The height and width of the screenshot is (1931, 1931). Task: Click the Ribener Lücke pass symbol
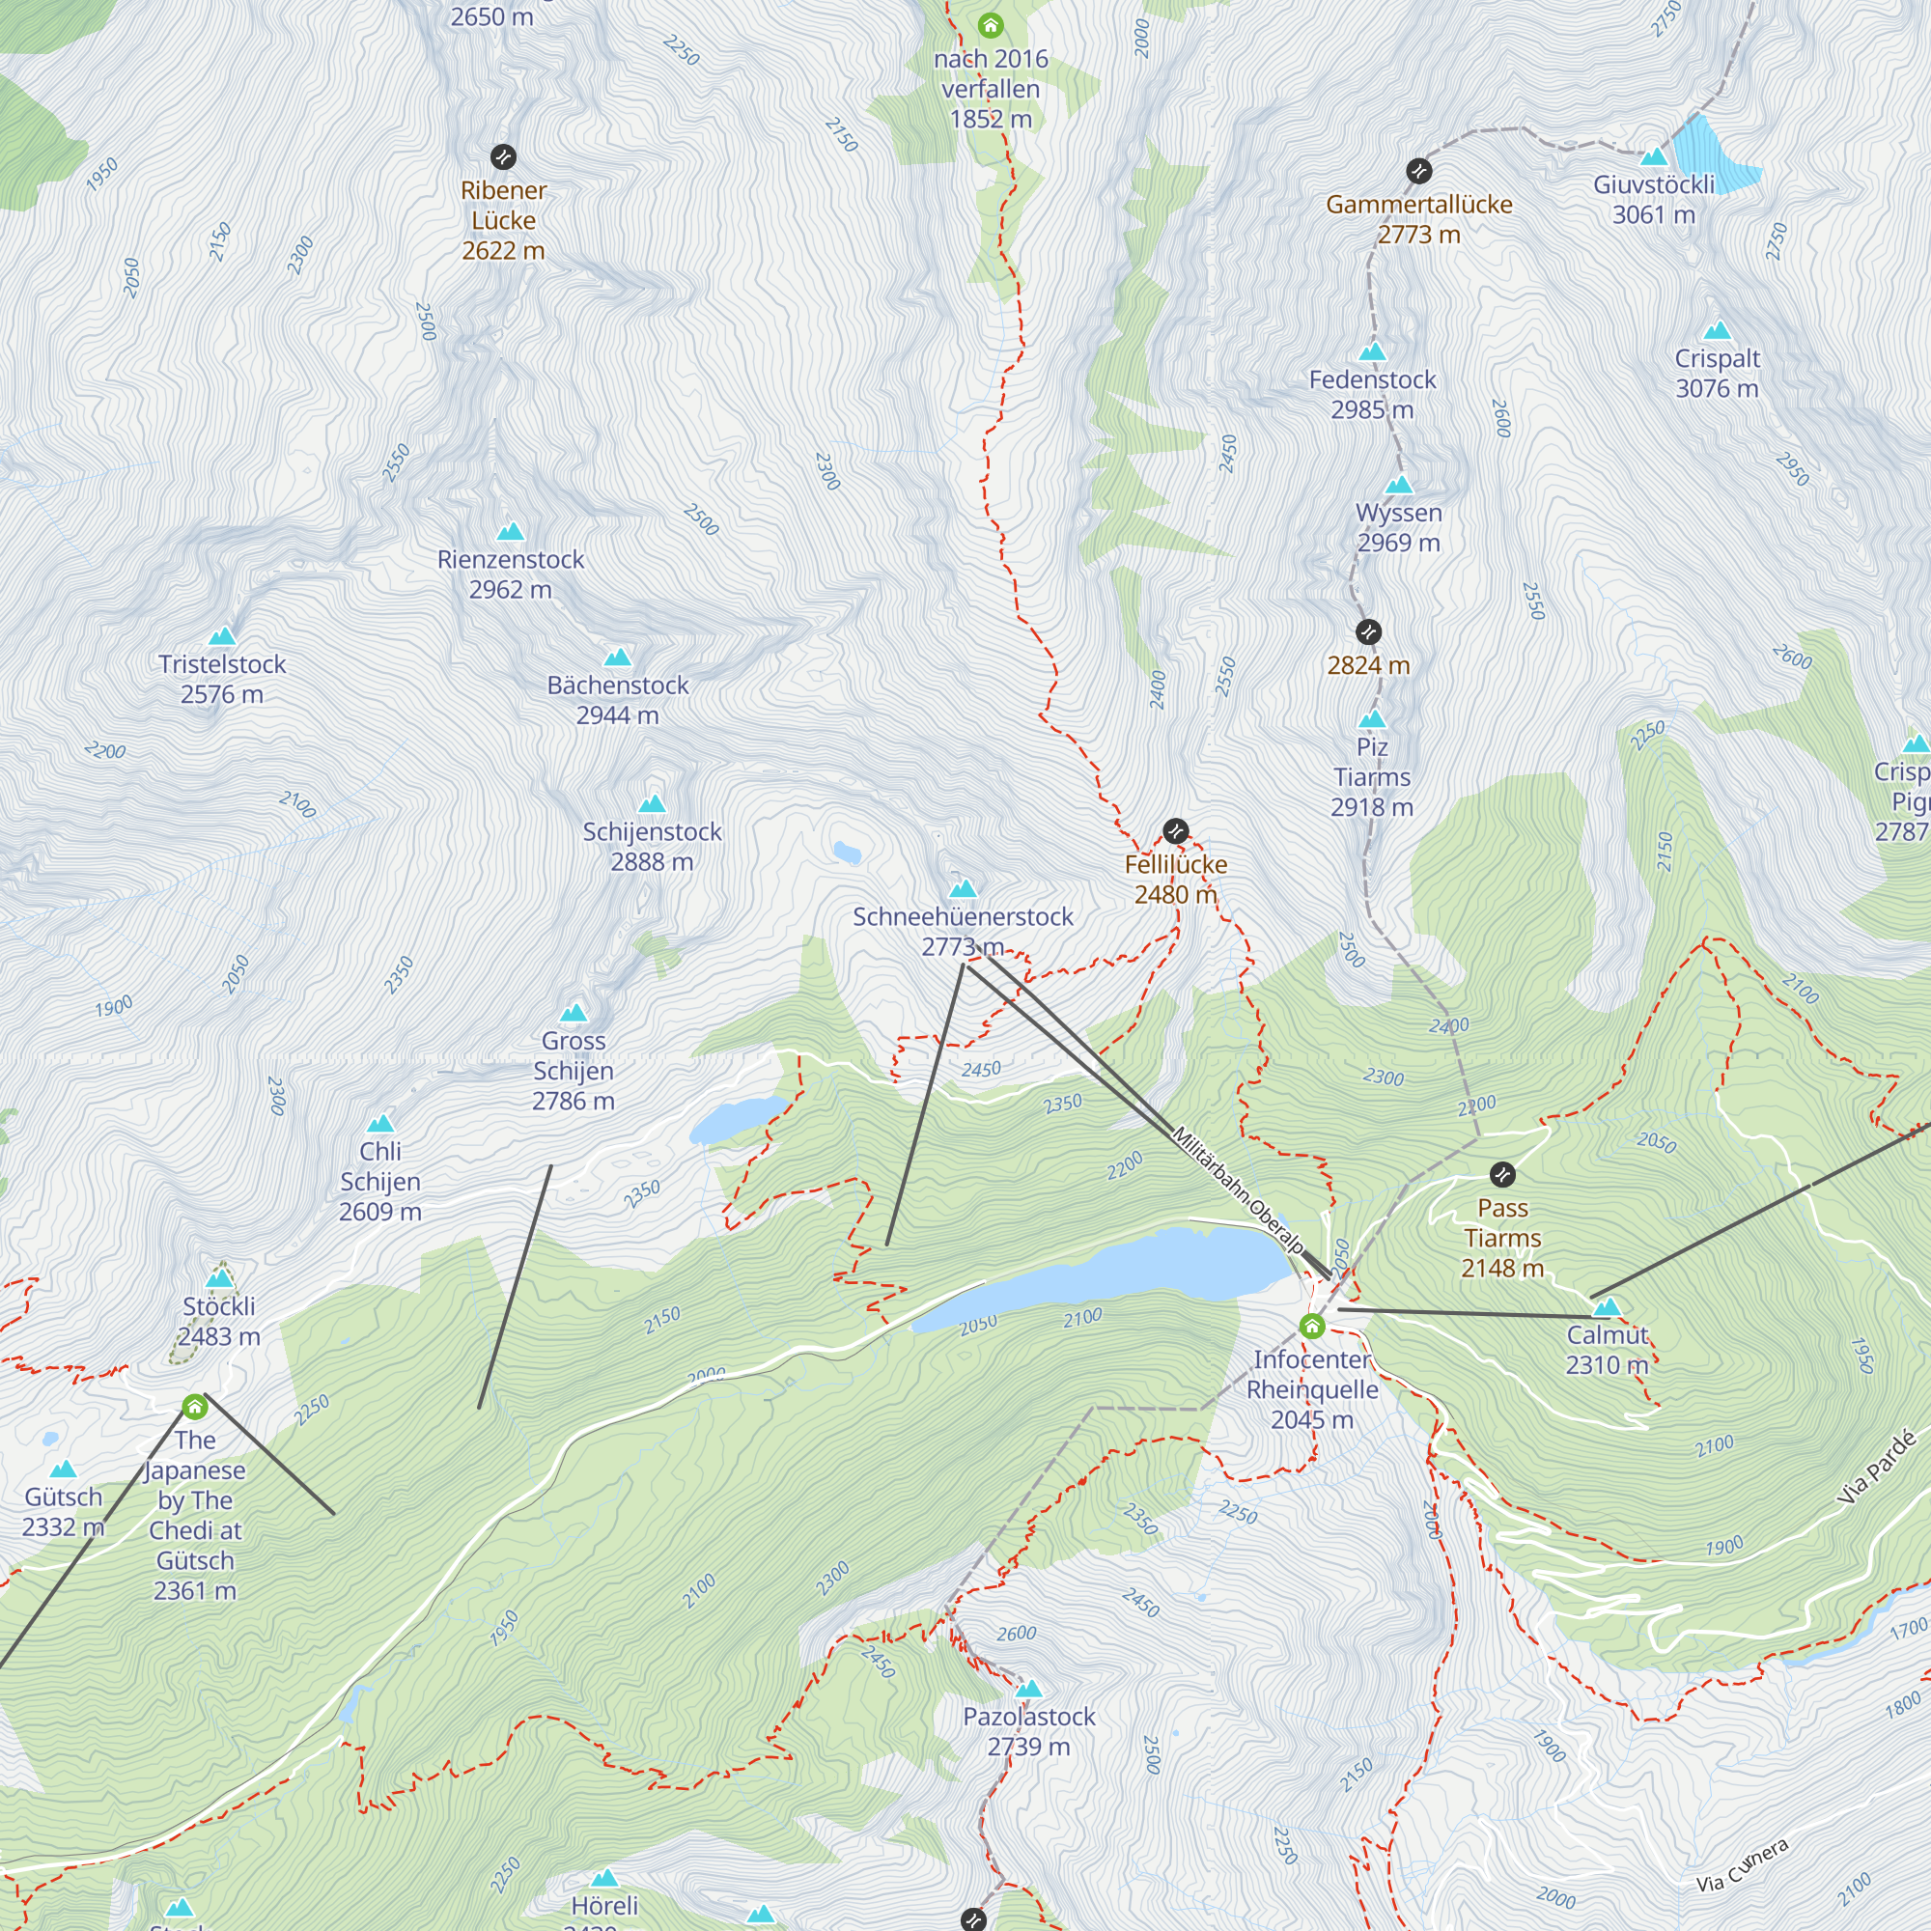(503, 157)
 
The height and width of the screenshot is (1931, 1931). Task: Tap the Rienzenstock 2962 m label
(510, 574)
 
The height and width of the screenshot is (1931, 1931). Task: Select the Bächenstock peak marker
(618, 658)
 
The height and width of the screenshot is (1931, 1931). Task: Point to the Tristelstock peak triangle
(222, 636)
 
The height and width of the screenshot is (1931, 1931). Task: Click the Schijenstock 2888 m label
(652, 846)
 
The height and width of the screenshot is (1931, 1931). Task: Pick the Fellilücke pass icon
(1175, 830)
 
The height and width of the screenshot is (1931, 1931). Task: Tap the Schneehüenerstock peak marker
(963, 888)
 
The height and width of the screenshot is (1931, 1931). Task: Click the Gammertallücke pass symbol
(1418, 171)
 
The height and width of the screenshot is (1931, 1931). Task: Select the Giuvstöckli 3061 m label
(1653, 199)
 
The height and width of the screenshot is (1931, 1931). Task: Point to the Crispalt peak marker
(1717, 331)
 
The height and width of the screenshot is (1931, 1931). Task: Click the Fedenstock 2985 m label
(1372, 394)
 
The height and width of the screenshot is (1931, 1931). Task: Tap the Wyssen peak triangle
(1399, 486)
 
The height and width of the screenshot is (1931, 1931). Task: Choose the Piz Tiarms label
(1371, 776)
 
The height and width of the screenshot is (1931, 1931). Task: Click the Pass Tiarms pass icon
(1502, 1174)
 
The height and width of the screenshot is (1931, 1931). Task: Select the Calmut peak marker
(1607, 1307)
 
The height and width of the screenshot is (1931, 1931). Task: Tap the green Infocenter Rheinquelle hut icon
(1311, 1327)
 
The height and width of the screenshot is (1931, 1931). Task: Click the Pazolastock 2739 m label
(1028, 1731)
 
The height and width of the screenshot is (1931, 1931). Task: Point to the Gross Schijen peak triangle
(573, 1014)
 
